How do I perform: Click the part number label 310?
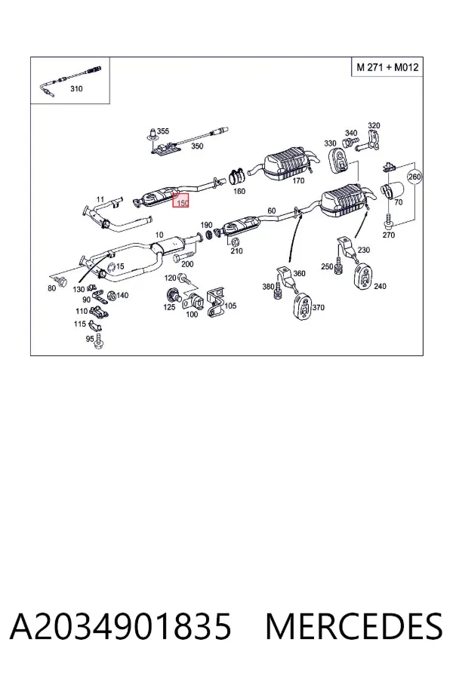(x=76, y=89)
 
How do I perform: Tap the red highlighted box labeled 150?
(x=181, y=201)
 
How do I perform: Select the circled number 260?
(x=414, y=177)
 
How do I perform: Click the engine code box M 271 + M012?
(x=387, y=67)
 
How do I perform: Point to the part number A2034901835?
(x=121, y=626)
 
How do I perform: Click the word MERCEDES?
(x=354, y=626)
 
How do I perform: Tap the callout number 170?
(x=298, y=180)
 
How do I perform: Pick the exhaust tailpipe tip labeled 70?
(x=391, y=192)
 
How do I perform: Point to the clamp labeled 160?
(x=236, y=175)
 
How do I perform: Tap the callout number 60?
(x=271, y=211)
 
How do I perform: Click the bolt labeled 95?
(x=99, y=341)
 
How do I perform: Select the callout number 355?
(x=163, y=131)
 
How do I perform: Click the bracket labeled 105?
(x=215, y=303)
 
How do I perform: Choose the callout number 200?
(x=187, y=264)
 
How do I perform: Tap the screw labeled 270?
(x=388, y=220)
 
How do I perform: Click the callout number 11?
(x=100, y=200)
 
